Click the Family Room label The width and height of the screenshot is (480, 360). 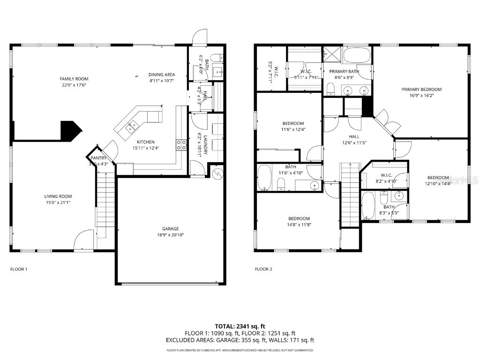click(x=74, y=79)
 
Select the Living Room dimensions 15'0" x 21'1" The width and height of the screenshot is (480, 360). click(x=59, y=202)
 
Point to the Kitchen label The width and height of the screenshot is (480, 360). click(x=145, y=142)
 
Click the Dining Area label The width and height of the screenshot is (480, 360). click(x=162, y=75)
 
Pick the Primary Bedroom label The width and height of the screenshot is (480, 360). click(x=421, y=89)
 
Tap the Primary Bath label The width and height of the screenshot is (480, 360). click(x=344, y=71)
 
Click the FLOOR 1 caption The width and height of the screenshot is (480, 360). click(x=19, y=269)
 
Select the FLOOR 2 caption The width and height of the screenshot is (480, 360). click(x=263, y=269)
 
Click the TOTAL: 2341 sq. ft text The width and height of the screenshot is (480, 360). click(x=240, y=326)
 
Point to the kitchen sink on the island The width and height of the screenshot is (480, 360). click(x=132, y=125)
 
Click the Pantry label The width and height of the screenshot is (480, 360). click(x=98, y=158)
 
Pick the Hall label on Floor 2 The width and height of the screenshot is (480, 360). click(x=354, y=136)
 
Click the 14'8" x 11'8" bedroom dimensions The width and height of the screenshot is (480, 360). click(x=299, y=225)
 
